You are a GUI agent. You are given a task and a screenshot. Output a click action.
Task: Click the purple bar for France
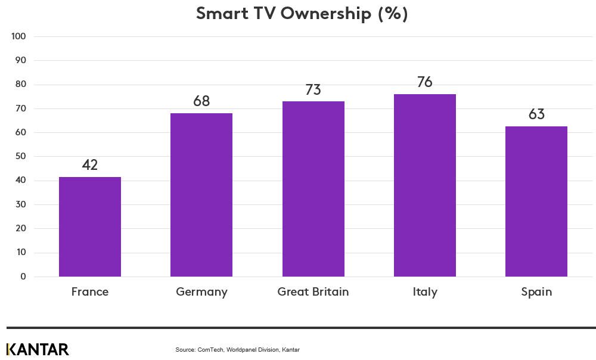[x=90, y=226]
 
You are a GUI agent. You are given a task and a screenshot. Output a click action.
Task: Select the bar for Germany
[x=201, y=195]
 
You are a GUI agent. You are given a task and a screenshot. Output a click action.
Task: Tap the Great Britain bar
[x=313, y=189]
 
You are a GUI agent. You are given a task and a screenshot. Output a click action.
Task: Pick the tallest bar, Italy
[x=424, y=185]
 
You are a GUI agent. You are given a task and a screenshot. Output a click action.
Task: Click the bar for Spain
[x=536, y=201]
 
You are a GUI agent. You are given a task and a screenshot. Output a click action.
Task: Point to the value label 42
[x=90, y=165]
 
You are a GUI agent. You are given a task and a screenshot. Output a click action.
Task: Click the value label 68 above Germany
[x=201, y=101]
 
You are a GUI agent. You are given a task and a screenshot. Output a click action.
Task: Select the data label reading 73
[x=313, y=90]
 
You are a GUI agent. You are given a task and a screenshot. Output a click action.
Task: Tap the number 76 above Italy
[x=424, y=82]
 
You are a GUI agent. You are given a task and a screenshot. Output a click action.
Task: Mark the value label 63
[x=536, y=114]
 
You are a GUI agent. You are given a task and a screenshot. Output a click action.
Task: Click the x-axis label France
[x=90, y=292]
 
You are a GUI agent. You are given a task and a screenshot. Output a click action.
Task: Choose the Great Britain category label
[x=313, y=292]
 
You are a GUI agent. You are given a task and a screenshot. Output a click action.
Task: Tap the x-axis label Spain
[x=536, y=292]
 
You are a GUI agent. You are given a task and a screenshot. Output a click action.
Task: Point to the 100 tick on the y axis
[x=18, y=36]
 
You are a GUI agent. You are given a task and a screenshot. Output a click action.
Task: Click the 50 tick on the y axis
[x=20, y=157]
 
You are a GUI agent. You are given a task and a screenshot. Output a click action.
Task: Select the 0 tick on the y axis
[x=23, y=277]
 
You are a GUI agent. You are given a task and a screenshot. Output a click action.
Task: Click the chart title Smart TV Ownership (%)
[x=302, y=14]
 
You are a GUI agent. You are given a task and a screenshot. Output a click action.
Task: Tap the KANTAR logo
[x=38, y=349]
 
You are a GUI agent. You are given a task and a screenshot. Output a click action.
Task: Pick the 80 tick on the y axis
[x=20, y=85]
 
